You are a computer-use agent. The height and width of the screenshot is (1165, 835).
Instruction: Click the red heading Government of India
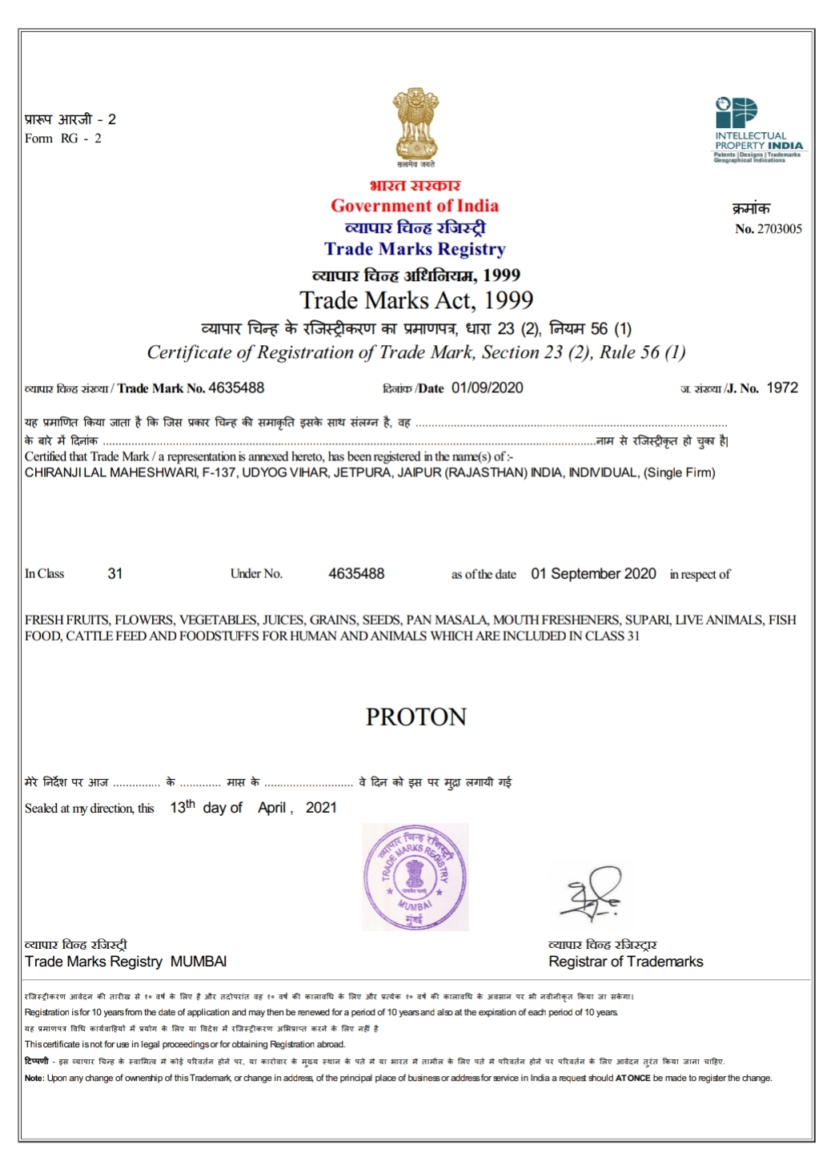[415, 206]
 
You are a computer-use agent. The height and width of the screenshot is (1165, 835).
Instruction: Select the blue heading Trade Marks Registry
[415, 249]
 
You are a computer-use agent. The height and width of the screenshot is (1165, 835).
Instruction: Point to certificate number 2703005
[779, 229]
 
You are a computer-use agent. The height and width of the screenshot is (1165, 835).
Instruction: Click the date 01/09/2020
[487, 388]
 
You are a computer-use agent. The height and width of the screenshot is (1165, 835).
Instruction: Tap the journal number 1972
[782, 388]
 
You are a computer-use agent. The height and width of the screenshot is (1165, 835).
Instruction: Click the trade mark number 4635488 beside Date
[236, 388]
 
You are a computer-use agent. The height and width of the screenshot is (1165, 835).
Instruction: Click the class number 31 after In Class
[115, 574]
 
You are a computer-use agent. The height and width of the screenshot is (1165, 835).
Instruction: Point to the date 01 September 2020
[593, 574]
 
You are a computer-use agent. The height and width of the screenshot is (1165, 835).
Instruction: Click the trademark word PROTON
[416, 717]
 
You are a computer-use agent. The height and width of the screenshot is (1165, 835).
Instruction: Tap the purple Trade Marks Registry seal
[415, 877]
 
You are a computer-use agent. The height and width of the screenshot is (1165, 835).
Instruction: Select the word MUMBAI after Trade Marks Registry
[199, 962]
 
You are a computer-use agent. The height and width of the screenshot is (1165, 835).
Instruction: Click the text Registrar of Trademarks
[625, 962]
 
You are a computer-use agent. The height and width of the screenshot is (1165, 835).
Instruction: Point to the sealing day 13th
[182, 807]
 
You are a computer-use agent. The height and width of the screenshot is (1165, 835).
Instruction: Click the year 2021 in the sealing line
[321, 808]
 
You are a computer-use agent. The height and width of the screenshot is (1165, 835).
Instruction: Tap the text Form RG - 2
[63, 139]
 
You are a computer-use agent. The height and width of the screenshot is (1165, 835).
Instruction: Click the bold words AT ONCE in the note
[632, 1079]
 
